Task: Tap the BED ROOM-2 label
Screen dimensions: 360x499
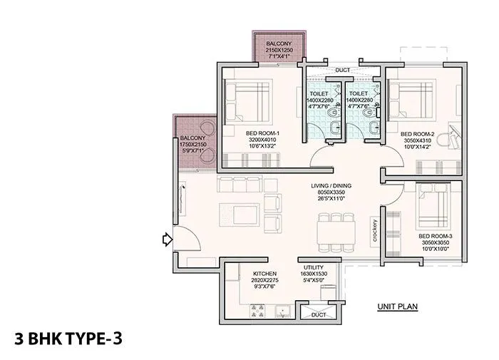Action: point(418,133)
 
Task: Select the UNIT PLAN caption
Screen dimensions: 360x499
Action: point(397,307)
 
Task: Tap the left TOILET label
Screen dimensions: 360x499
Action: point(318,93)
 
